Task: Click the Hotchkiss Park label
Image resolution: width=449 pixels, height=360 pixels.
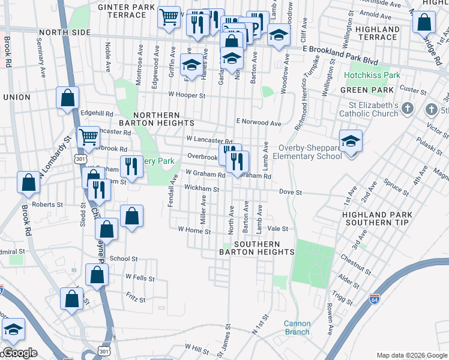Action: click(372, 76)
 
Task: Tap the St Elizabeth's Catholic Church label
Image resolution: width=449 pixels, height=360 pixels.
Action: click(368, 109)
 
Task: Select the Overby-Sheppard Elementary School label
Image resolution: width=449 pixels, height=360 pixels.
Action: click(310, 152)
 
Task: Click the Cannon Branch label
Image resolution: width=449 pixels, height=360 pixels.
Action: click(297, 328)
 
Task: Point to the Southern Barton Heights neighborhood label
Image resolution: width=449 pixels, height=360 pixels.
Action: click(258, 248)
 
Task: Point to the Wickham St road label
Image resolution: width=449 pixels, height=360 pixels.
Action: click(202, 188)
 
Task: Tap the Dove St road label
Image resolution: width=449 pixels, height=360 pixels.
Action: click(289, 193)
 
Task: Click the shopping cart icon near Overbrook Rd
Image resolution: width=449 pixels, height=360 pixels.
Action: click(88, 137)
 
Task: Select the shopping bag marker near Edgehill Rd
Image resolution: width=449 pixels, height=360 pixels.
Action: click(68, 97)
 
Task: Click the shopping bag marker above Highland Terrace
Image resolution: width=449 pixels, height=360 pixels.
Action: click(424, 22)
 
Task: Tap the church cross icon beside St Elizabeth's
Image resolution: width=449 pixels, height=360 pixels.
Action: click(408, 109)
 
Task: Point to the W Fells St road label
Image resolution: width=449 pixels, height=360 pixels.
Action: click(140, 278)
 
